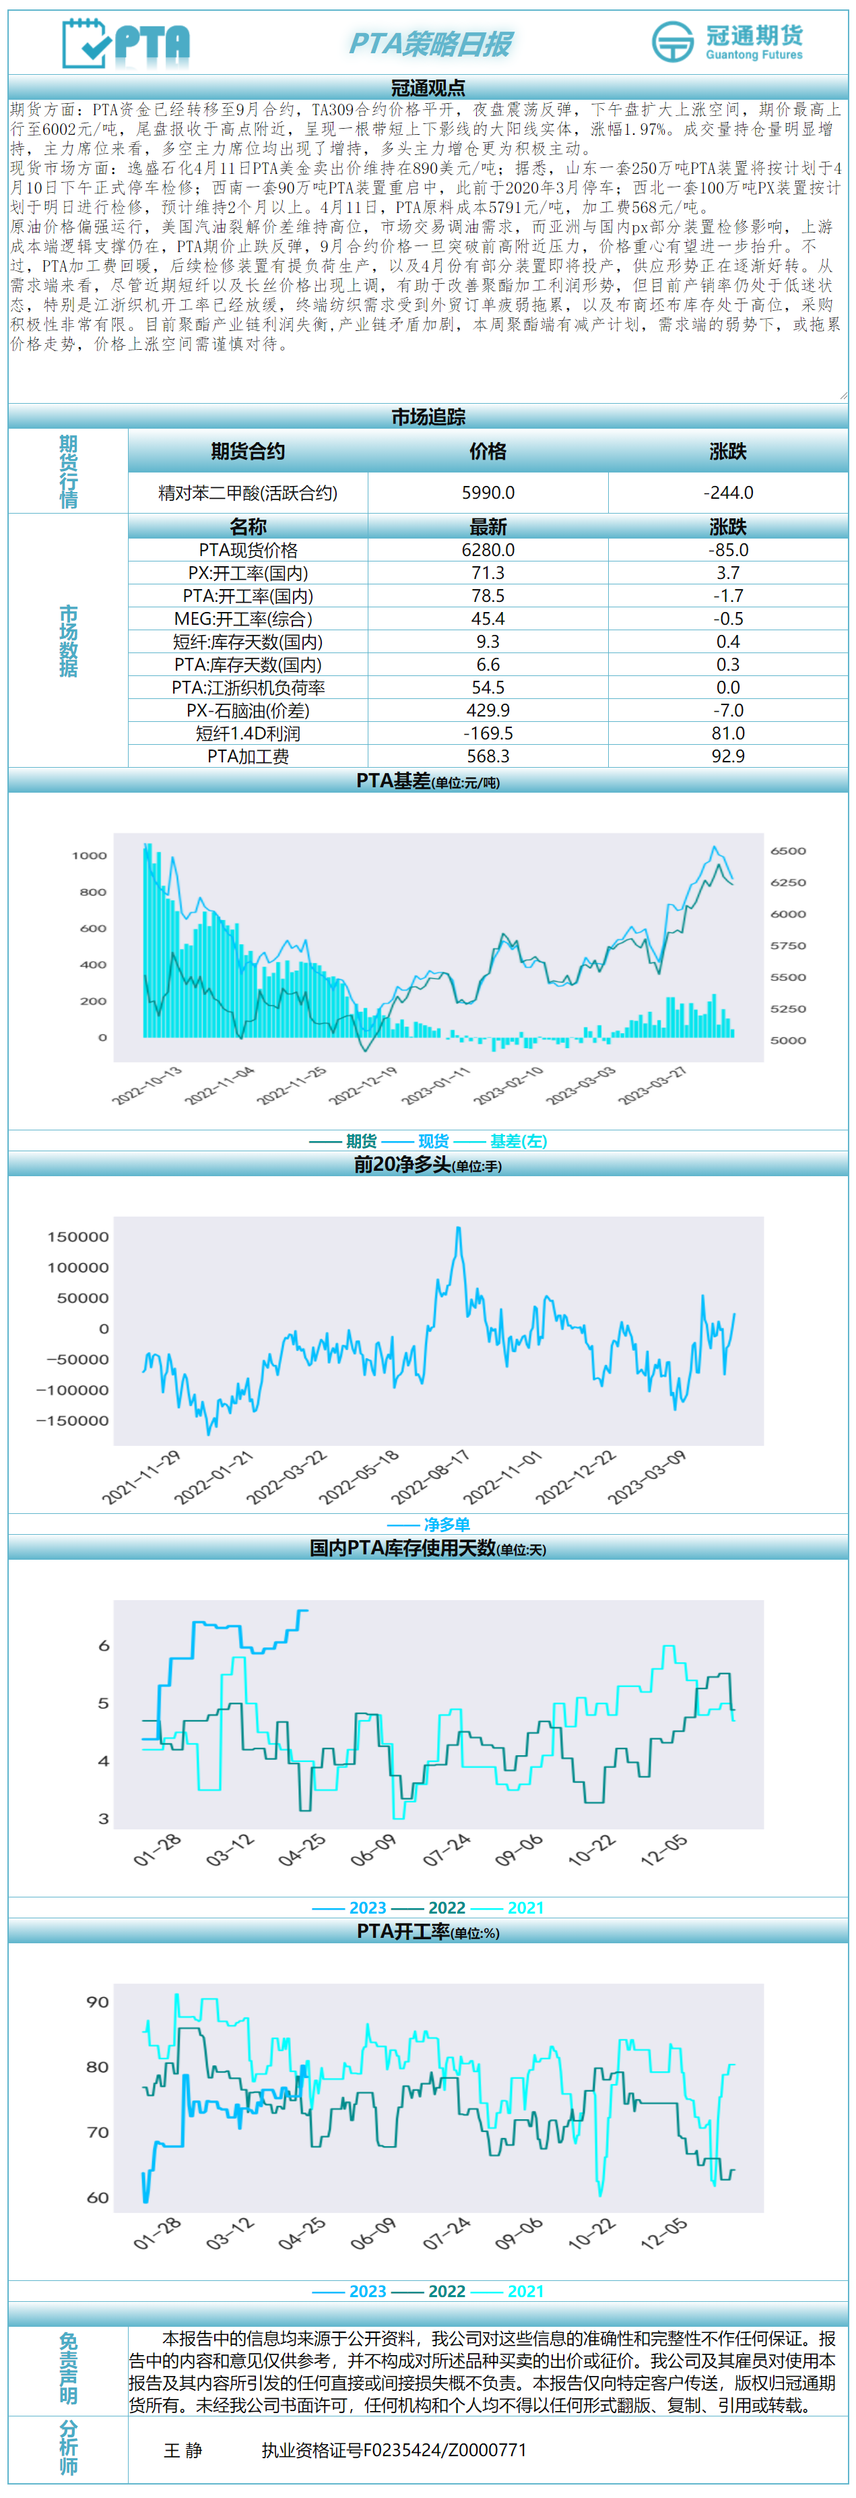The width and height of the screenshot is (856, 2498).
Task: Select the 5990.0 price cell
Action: click(488, 493)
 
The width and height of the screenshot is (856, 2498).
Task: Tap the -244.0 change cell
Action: click(728, 493)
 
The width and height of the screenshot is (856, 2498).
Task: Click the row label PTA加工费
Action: click(248, 756)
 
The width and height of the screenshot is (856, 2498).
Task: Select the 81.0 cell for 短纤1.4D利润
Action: click(728, 733)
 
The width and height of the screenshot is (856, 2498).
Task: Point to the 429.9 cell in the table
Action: click(488, 710)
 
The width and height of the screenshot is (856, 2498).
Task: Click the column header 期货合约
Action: click(248, 451)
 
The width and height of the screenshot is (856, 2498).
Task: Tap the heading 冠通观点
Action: click(428, 87)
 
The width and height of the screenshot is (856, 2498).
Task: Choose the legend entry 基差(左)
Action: click(518, 1141)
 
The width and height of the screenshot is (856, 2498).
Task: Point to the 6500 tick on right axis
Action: click(787, 851)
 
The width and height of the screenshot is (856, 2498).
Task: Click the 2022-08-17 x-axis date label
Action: click(430, 1477)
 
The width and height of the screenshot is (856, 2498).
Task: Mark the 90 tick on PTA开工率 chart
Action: click(97, 2001)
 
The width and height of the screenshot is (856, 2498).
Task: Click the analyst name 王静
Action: click(183, 2451)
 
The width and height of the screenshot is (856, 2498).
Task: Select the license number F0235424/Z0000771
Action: click(393, 2451)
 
